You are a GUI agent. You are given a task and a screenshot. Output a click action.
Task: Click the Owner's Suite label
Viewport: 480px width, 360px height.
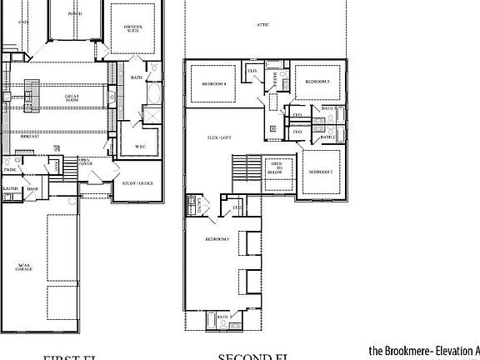click(x=133, y=30)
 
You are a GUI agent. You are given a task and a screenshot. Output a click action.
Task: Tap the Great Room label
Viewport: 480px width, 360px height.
click(x=72, y=97)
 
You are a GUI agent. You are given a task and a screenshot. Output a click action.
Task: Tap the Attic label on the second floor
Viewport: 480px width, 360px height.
click(x=263, y=25)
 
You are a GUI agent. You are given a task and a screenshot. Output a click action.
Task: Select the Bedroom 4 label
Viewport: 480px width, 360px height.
click(x=214, y=83)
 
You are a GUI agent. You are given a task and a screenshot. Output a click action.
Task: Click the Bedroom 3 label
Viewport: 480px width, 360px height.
click(x=317, y=82)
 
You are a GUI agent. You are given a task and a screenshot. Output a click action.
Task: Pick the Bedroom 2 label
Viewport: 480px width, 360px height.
click(x=321, y=171)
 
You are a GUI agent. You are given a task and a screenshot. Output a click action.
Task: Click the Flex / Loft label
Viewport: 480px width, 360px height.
click(x=218, y=137)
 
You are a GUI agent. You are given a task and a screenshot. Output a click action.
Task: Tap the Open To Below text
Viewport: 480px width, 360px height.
click(x=275, y=167)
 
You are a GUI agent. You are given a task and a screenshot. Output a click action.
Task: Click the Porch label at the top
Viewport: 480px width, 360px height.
click(x=75, y=13)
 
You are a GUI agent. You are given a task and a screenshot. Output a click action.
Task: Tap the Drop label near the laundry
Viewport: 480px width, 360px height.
click(x=32, y=190)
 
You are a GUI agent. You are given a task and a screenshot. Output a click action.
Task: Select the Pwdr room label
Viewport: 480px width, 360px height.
click(x=10, y=169)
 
